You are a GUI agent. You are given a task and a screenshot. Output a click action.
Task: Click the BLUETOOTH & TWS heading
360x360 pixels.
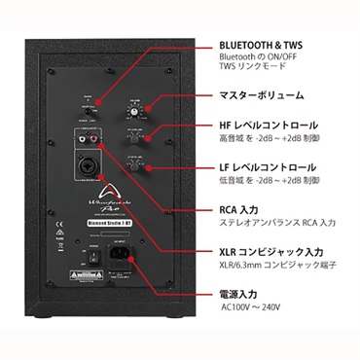(x=261, y=46)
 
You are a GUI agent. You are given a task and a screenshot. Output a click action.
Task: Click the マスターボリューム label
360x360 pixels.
(x=262, y=96)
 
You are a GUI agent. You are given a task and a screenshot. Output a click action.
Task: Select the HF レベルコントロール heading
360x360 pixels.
(x=269, y=126)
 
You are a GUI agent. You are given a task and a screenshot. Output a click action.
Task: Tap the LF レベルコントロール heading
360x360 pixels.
(x=268, y=167)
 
